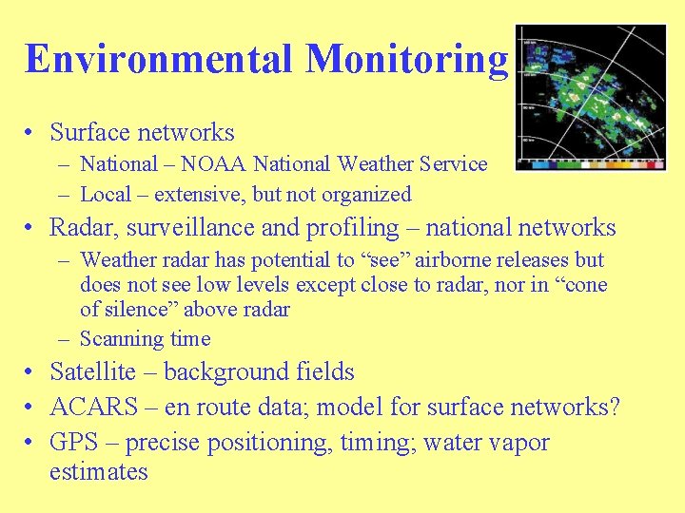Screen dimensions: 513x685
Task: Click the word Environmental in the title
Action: point(159,59)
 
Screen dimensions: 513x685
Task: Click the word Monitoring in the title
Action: point(406,59)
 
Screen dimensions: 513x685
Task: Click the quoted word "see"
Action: point(389,260)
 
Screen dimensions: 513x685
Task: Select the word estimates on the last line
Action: point(99,472)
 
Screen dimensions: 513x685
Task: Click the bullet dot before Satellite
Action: point(32,373)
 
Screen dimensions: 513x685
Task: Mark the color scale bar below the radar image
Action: point(590,163)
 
